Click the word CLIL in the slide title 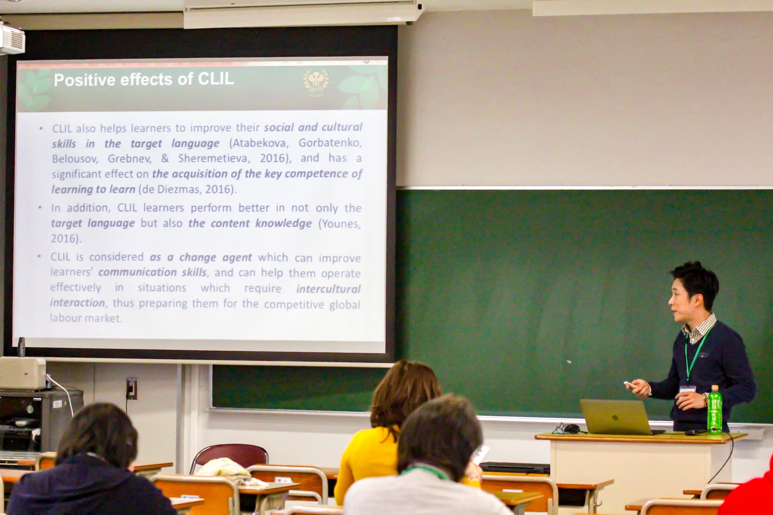point(216,79)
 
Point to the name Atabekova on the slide point(259,143)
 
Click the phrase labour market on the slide point(86,318)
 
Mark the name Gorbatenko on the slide point(330,143)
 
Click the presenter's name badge point(687,389)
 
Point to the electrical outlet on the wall point(132,389)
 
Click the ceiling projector point(12,39)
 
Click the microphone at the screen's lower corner point(21,347)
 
